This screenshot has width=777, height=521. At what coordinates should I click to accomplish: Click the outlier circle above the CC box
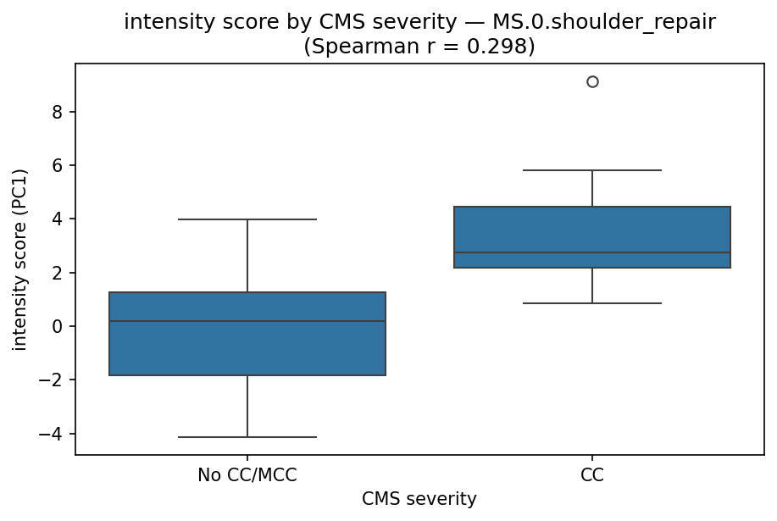pyautogui.click(x=592, y=82)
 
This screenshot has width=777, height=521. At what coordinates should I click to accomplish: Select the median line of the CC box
pyautogui.click(x=592, y=252)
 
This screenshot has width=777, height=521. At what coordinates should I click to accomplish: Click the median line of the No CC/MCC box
pyautogui.click(x=247, y=321)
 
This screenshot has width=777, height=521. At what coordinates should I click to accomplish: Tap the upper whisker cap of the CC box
pyautogui.click(x=592, y=170)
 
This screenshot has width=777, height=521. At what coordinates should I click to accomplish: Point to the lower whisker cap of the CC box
pyautogui.click(x=592, y=303)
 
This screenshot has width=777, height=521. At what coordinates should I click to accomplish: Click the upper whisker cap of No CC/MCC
pyautogui.click(x=247, y=219)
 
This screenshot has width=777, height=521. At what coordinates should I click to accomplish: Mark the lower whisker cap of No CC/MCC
pyautogui.click(x=247, y=437)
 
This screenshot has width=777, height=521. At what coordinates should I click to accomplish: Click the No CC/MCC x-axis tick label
pyautogui.click(x=247, y=475)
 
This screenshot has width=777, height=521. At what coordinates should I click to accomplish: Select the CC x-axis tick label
pyautogui.click(x=592, y=475)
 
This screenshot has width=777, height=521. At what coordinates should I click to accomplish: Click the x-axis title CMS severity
pyautogui.click(x=419, y=500)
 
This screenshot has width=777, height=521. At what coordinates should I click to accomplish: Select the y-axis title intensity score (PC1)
pyautogui.click(x=20, y=259)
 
